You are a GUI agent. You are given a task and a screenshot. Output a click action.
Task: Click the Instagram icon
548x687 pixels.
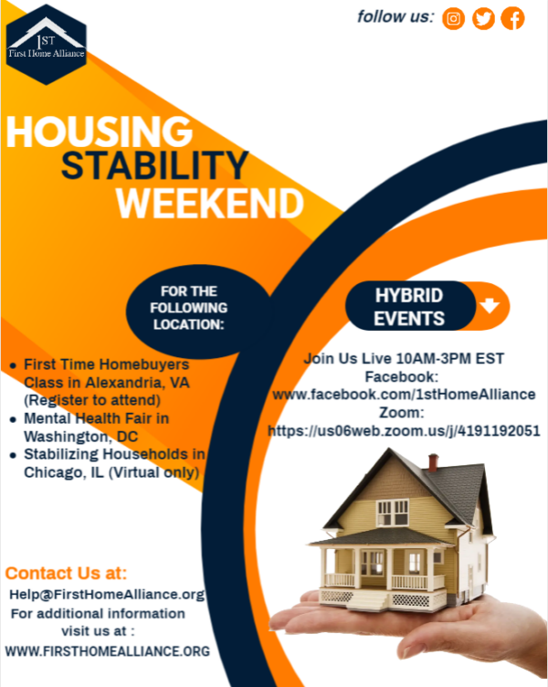click(453, 18)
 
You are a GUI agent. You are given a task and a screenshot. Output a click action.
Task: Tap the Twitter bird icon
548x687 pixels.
click(483, 18)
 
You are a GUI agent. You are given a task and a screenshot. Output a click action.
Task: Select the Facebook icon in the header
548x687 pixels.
click(513, 18)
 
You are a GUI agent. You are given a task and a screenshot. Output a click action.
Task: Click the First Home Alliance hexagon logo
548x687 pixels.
click(46, 43)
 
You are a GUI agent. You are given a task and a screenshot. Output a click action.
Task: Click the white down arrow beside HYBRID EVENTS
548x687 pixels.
click(490, 307)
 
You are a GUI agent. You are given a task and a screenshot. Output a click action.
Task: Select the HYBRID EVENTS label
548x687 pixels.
click(408, 307)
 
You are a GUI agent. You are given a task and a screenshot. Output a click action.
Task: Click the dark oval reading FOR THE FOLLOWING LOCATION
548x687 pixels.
click(189, 307)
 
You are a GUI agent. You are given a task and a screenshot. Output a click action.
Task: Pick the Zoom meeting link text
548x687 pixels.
click(403, 430)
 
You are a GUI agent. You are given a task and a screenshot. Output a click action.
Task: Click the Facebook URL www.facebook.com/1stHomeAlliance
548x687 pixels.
click(403, 394)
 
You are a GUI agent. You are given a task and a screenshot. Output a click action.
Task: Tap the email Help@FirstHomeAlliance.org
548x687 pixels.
click(106, 594)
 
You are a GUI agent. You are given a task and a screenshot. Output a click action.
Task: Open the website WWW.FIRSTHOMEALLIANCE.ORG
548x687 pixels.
click(107, 651)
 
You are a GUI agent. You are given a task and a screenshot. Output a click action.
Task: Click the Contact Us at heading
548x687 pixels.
click(67, 574)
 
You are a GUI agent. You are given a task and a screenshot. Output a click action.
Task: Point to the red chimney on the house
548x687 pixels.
click(433, 462)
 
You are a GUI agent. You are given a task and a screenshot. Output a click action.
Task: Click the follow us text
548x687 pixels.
click(395, 16)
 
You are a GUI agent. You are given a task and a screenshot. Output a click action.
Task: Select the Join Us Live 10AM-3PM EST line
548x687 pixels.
click(403, 358)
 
